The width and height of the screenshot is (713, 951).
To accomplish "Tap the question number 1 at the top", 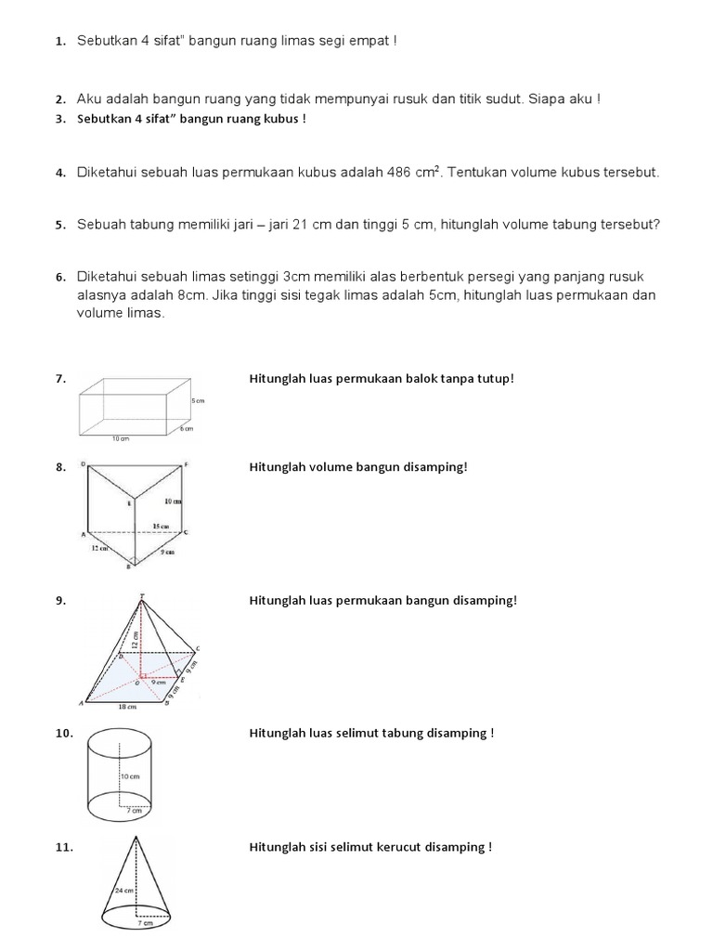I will click(x=59, y=42).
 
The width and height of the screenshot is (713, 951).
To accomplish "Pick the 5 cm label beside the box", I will click(x=198, y=400).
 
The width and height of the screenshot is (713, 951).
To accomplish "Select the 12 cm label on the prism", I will click(x=100, y=549).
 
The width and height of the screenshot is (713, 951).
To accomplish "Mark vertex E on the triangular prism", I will click(x=131, y=502).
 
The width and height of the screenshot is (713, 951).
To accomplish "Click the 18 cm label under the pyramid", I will click(x=127, y=707).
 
